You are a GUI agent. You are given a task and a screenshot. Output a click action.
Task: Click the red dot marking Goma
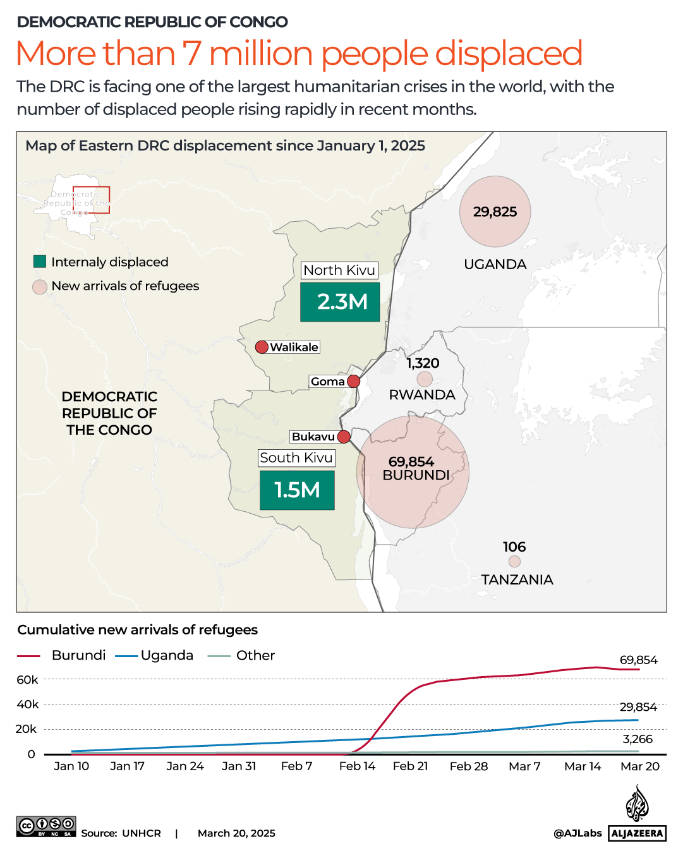[354, 381]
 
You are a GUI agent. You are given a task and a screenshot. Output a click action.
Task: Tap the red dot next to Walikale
[262, 347]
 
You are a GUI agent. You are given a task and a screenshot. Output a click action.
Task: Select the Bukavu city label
[313, 437]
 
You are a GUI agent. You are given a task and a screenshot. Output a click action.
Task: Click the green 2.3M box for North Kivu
[340, 302]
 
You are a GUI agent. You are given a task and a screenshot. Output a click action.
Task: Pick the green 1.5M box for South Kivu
[297, 490]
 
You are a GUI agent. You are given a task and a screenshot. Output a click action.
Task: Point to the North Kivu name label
[339, 270]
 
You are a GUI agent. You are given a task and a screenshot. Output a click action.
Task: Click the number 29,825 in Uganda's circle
[495, 212]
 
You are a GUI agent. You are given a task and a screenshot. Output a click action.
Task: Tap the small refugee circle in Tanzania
[514, 561]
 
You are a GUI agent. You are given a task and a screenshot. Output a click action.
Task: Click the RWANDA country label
[422, 395]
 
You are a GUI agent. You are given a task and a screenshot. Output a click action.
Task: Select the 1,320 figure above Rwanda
[423, 363]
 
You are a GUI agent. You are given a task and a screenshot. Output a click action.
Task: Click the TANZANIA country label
[517, 579]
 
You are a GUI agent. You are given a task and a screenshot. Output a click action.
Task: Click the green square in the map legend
[40, 262]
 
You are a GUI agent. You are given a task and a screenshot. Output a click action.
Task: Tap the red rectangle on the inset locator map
[91, 200]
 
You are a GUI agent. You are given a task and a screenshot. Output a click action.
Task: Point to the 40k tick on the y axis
[27, 704]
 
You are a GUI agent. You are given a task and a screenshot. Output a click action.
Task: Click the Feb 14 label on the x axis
[357, 766]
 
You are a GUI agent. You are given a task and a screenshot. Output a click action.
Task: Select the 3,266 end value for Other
[638, 739]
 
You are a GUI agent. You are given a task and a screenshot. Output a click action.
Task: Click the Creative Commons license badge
[46, 826]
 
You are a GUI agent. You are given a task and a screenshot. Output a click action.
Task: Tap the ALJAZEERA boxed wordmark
[638, 833]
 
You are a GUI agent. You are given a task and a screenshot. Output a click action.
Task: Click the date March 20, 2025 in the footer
[236, 833]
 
